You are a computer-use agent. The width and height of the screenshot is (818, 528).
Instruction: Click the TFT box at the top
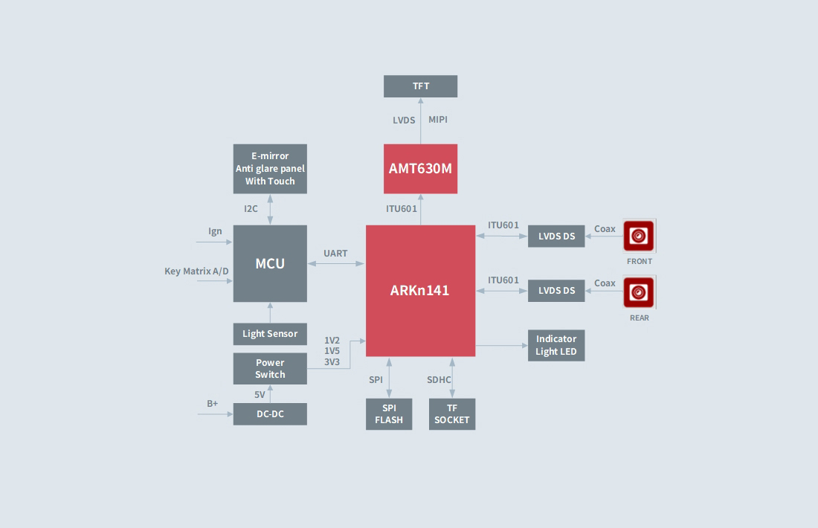420,86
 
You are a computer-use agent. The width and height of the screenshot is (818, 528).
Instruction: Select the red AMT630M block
420,169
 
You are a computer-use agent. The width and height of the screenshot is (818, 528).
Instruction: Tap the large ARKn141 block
420,290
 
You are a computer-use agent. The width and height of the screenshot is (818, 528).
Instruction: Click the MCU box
270,263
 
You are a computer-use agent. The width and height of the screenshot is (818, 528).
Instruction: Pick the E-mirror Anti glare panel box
270,169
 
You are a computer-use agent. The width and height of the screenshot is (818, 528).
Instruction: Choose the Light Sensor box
270,333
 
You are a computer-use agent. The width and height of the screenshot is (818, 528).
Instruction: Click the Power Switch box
270,369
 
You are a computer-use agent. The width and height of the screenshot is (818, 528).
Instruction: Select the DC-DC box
270,414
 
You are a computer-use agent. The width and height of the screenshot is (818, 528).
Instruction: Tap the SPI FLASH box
389,414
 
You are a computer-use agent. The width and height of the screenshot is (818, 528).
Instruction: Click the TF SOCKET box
452,414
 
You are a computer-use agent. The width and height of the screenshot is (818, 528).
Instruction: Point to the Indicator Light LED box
556,345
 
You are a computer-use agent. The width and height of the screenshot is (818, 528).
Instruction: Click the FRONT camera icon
639,236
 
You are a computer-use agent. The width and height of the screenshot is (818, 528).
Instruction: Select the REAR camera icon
639,292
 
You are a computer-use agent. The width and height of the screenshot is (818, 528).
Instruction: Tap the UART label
335,254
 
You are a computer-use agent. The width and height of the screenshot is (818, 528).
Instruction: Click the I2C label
251,209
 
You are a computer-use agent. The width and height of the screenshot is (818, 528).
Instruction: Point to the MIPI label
438,120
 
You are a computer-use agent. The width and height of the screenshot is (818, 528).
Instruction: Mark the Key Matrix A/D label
196,271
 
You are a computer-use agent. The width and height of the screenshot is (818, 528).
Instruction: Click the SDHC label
439,380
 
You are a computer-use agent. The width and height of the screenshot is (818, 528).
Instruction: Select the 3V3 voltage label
332,362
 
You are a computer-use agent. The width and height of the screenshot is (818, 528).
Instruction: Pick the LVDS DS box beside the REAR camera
556,291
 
